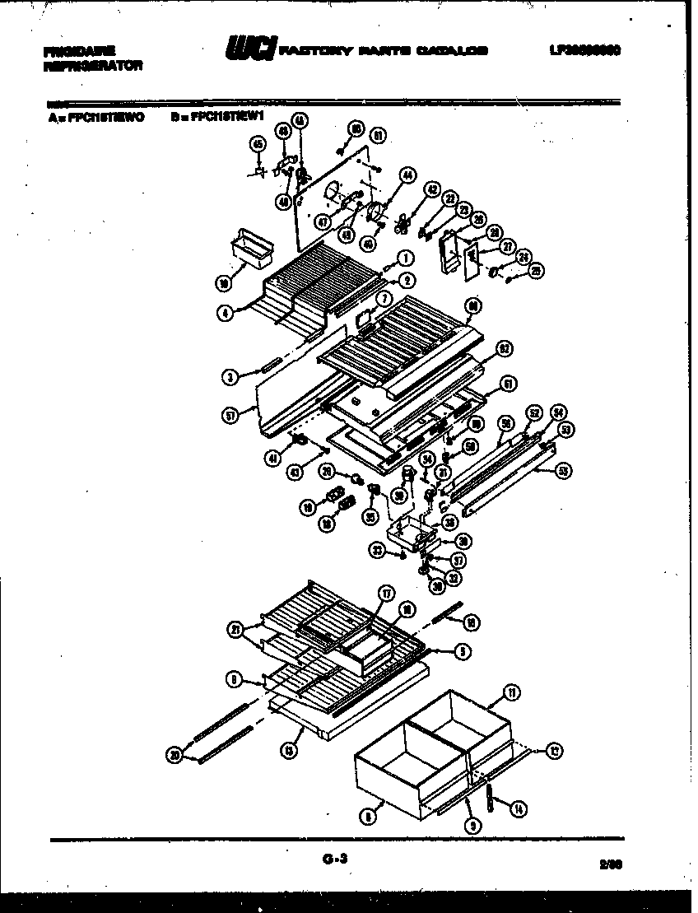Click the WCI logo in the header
click(250, 49)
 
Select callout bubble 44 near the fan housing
click(407, 175)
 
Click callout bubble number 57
click(231, 417)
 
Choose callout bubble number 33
click(378, 551)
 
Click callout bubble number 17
click(384, 592)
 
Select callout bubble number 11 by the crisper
click(512, 694)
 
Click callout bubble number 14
click(517, 809)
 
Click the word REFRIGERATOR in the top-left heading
click(91, 65)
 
